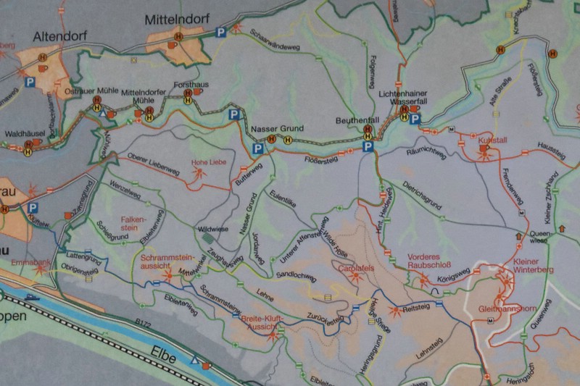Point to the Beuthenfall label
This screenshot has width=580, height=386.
pos(357,119)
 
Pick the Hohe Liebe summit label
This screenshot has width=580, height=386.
pos(204,162)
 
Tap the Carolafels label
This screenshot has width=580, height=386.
pos(355,268)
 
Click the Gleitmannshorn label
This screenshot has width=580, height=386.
pos(508,309)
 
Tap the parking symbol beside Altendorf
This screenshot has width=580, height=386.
pos(30,83)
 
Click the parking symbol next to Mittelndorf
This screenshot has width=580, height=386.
pos(220,32)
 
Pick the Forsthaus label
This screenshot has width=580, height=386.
pos(196,85)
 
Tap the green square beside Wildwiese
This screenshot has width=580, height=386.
pos(209,238)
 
